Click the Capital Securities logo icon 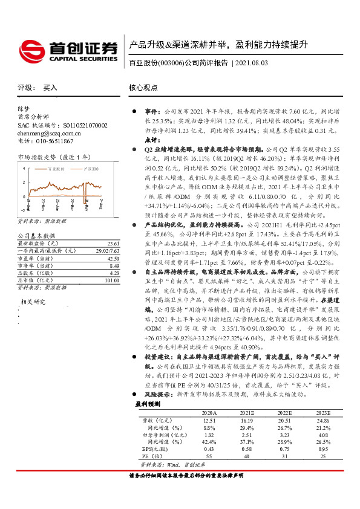30,49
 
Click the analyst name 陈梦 23,109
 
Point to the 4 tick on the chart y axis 23,169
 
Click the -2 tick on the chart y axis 22,210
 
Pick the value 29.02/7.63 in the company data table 106,250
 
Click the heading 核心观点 143,88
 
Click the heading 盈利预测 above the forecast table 147,403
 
